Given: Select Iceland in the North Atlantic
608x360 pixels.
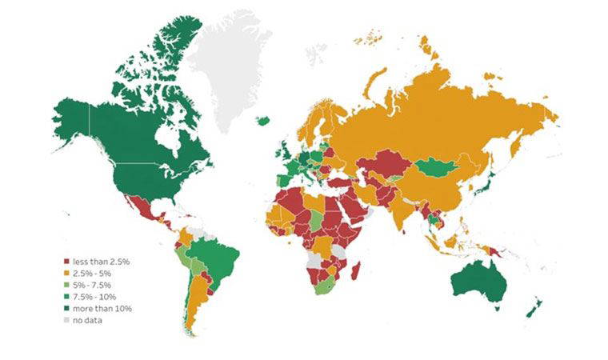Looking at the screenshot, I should [263, 121].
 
